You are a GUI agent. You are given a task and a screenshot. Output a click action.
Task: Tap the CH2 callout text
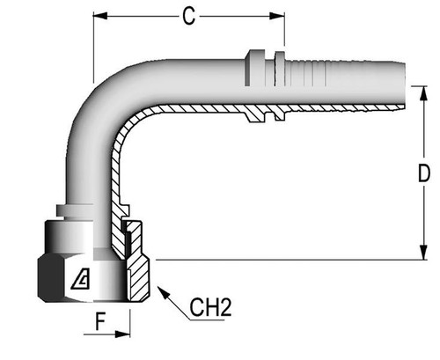[210, 308]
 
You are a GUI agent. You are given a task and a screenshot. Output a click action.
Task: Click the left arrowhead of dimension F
[96, 335]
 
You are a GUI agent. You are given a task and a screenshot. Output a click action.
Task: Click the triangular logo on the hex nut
[80, 281]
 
